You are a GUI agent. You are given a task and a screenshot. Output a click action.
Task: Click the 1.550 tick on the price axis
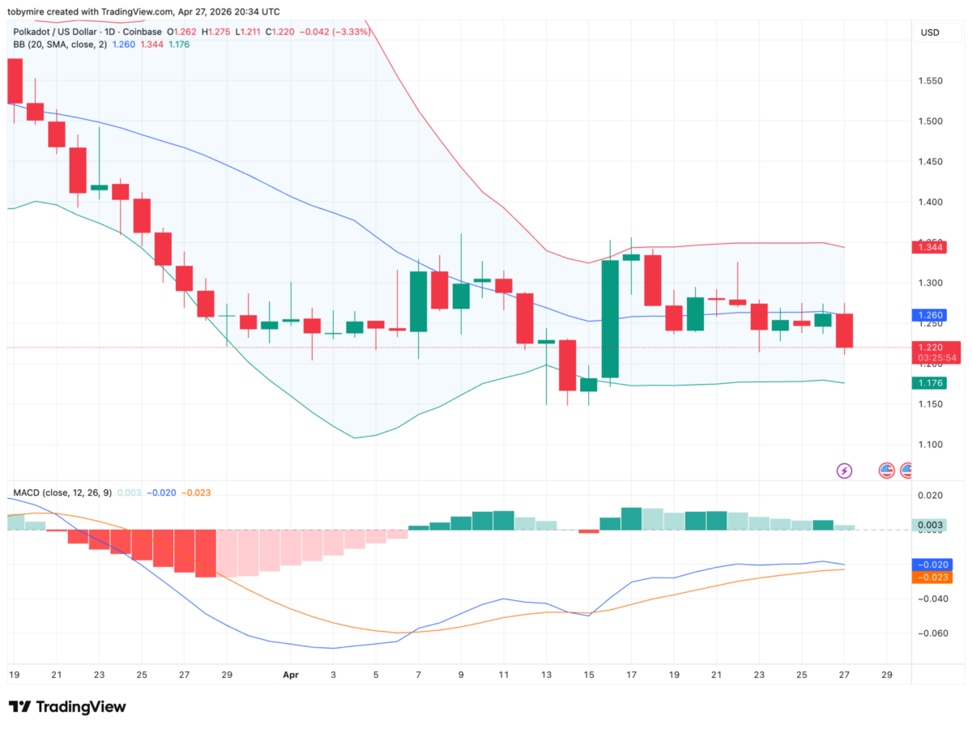click(x=930, y=81)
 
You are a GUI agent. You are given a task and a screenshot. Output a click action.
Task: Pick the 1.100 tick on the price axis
click(x=930, y=445)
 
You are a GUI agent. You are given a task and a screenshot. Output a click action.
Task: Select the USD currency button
click(x=929, y=33)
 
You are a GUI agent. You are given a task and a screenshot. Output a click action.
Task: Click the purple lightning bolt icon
click(x=844, y=470)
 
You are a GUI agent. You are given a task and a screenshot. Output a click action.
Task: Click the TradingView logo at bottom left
click(x=67, y=706)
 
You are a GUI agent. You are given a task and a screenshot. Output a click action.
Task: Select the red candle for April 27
click(x=843, y=330)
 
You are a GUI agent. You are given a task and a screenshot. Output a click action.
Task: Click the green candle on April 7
click(x=419, y=301)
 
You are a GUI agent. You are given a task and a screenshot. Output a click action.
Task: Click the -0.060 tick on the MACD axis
click(x=930, y=633)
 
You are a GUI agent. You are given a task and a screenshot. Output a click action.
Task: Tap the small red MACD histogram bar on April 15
click(x=588, y=531)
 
